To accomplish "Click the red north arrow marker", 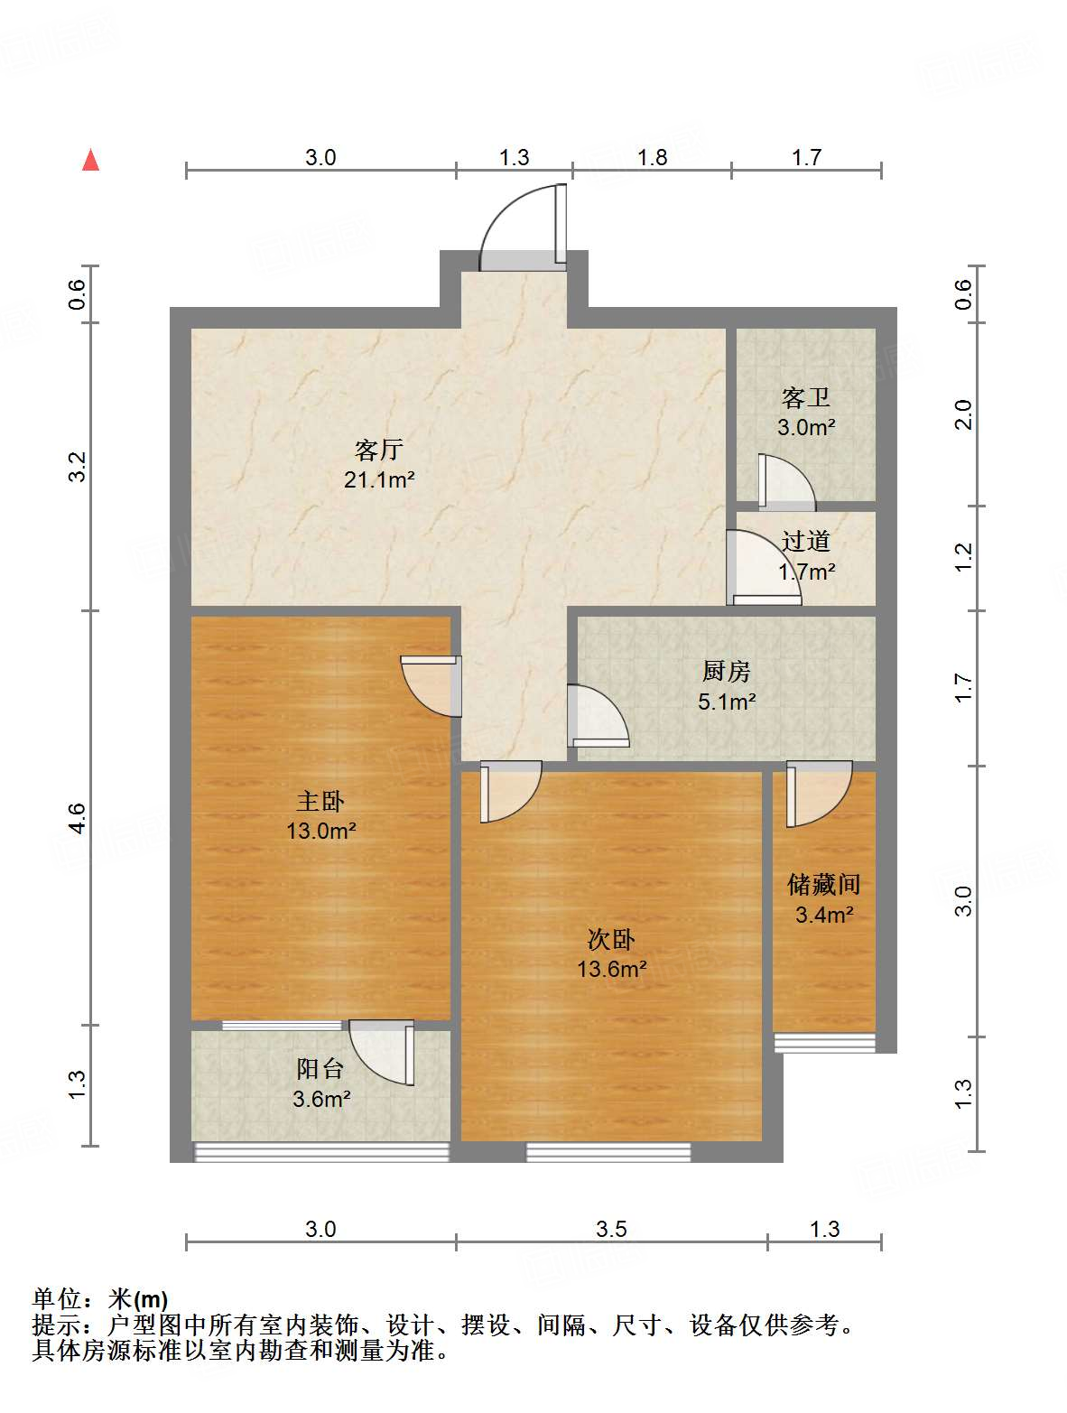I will click(90, 160).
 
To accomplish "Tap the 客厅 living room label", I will click(378, 450).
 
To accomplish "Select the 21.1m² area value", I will click(378, 479).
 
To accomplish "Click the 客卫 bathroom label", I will click(805, 397).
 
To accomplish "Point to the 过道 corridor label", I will click(805, 541).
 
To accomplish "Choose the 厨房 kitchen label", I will click(726, 671).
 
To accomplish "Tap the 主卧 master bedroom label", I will click(320, 801).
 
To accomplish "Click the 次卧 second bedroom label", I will click(611, 940).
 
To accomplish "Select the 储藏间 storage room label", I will click(823, 884).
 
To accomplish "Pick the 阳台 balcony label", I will click(320, 1069).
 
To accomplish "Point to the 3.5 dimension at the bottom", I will click(611, 1229).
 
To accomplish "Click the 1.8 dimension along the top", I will click(652, 157).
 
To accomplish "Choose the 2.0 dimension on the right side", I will click(963, 414).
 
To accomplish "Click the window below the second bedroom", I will click(608, 1152).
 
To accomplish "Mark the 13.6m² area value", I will click(611, 970).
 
